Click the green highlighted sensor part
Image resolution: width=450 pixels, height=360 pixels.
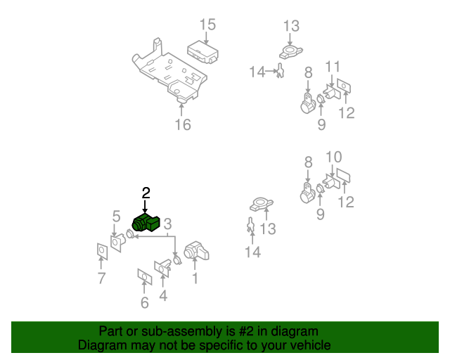click(x=146, y=223)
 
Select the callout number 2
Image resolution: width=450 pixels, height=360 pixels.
click(x=146, y=193)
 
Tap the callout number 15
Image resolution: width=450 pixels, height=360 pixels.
click(x=207, y=25)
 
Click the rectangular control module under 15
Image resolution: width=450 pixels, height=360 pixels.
click(x=202, y=52)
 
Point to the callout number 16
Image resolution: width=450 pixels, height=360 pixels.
click(x=183, y=124)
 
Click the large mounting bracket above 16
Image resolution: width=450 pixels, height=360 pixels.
click(x=169, y=72)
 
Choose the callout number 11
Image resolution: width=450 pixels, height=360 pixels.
click(x=333, y=67)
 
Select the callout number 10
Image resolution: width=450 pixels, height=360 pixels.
click(x=334, y=157)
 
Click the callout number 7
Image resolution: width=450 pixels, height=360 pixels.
click(x=101, y=278)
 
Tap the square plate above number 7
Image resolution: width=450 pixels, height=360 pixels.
click(x=102, y=252)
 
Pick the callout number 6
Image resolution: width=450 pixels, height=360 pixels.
click(x=145, y=302)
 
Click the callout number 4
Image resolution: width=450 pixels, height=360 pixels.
click(x=163, y=296)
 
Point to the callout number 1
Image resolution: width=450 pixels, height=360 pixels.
click(x=195, y=278)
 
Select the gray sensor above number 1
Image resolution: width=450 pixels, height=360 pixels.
click(x=196, y=251)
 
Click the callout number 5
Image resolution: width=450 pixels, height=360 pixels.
click(x=116, y=216)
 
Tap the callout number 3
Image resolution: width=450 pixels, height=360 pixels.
click(x=167, y=224)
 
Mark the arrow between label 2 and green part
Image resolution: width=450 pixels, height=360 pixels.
click(x=146, y=207)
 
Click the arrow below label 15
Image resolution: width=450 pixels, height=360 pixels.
click(x=206, y=38)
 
